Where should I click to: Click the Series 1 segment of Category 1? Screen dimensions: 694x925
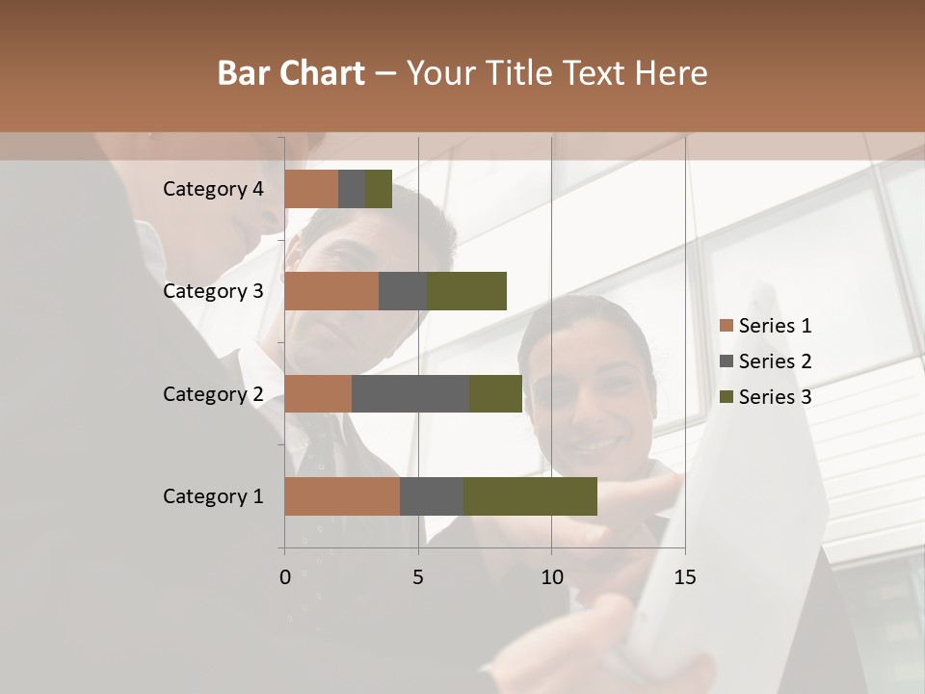[342, 496]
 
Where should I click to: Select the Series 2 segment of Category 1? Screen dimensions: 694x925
[432, 496]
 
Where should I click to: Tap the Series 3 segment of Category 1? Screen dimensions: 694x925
[530, 496]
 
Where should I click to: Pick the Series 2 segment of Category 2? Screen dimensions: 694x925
[410, 393]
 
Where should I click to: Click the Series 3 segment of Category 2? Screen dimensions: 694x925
[495, 393]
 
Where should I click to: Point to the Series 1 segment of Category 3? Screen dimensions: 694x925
[331, 291]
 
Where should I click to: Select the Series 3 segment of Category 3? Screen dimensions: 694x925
[466, 291]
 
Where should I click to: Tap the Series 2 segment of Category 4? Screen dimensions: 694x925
[352, 189]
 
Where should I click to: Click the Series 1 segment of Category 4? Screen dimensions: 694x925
[311, 189]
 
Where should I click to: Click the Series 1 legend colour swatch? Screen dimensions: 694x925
[727, 326]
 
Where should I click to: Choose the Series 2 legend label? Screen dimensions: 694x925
[775, 361]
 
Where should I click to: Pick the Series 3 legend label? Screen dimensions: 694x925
[775, 397]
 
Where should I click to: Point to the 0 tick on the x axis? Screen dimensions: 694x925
[285, 577]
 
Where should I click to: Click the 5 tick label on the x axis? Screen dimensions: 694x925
[418, 577]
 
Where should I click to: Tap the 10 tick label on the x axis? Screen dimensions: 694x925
[551, 577]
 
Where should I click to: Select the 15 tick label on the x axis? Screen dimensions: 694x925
[684, 577]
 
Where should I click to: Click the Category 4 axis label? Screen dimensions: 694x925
[213, 189]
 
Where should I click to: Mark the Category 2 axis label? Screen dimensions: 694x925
[213, 393]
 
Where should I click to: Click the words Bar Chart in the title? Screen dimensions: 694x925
[291, 73]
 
